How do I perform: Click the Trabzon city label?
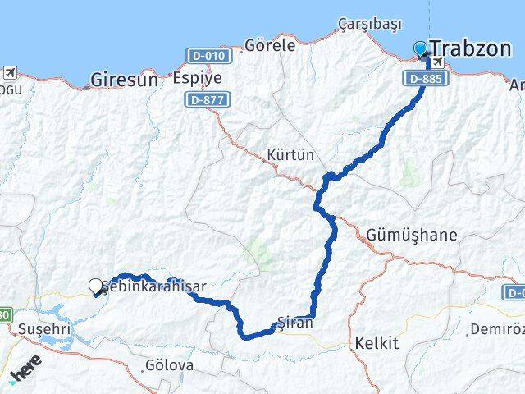click(x=472, y=48)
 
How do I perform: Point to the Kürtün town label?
click(x=290, y=154)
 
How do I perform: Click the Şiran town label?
click(x=296, y=323)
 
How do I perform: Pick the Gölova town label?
click(x=168, y=364)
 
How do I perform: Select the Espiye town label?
click(x=197, y=79)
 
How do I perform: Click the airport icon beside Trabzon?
click(x=438, y=63)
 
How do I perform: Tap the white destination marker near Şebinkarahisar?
click(x=95, y=286)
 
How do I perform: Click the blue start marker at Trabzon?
click(x=421, y=48)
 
